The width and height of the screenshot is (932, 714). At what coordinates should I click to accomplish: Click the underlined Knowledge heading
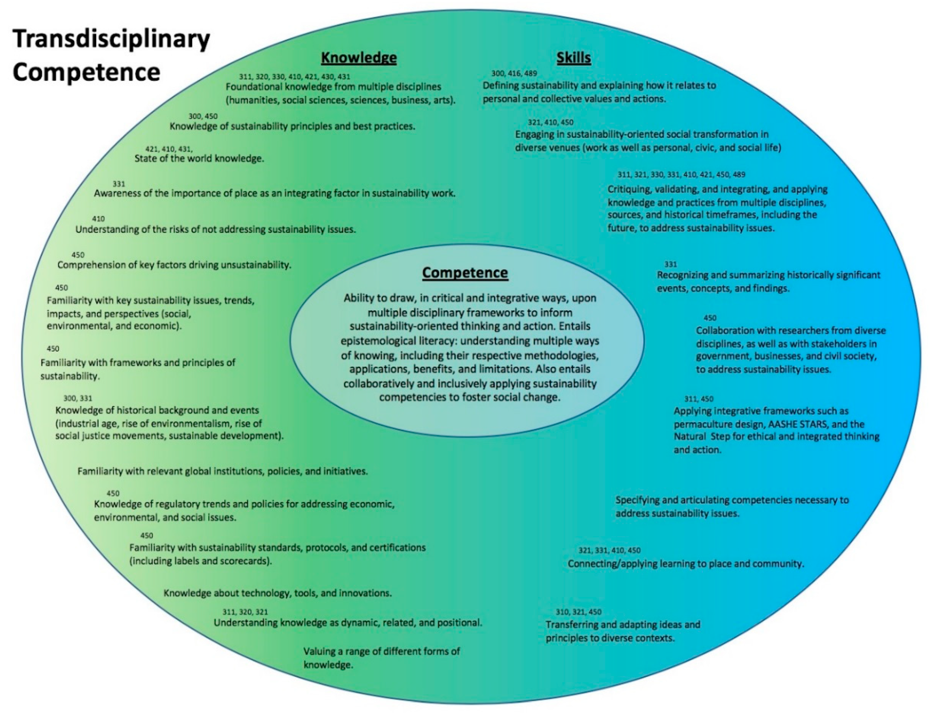(x=358, y=57)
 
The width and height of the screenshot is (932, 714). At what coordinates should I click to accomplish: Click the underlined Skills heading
(x=574, y=57)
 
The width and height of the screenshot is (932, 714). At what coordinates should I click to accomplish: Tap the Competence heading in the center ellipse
(x=465, y=272)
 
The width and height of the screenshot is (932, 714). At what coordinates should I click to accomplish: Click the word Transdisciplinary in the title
(x=111, y=39)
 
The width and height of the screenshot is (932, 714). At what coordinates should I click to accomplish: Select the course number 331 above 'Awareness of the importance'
(x=119, y=184)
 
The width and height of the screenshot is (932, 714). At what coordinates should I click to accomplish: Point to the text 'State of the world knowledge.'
(x=199, y=159)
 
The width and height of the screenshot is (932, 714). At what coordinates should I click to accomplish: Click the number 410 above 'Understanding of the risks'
(x=98, y=219)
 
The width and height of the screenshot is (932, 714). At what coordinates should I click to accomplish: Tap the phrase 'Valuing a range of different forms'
(x=381, y=651)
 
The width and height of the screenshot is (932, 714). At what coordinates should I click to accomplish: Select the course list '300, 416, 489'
(x=514, y=74)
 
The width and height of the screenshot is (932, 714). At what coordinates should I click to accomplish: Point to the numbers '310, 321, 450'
(x=579, y=612)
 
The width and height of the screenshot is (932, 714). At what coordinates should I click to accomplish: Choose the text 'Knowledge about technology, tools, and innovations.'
(x=278, y=593)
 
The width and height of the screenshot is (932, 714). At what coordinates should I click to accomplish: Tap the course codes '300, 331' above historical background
(x=78, y=398)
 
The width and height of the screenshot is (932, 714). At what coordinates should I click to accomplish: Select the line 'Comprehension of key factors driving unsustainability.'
(x=174, y=265)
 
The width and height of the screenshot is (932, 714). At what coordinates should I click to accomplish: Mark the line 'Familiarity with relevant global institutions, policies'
(x=222, y=471)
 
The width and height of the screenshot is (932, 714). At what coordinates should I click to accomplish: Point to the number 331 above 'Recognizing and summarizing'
(x=671, y=264)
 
